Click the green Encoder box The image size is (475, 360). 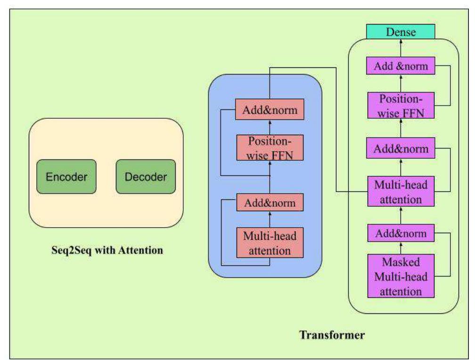pyautogui.click(x=66, y=176)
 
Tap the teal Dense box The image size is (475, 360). pyautogui.click(x=400, y=33)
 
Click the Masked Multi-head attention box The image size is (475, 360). pyautogui.click(x=400, y=276)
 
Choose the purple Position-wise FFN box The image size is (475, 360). pyautogui.click(x=400, y=106)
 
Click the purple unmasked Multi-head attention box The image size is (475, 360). pyautogui.click(x=400, y=191)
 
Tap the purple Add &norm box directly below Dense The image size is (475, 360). pyautogui.click(x=400, y=66)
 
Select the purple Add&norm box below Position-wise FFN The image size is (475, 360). pyautogui.click(x=400, y=149)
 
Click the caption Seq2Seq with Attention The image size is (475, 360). pyautogui.click(x=107, y=249)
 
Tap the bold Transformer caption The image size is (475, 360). pyautogui.click(x=332, y=335)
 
